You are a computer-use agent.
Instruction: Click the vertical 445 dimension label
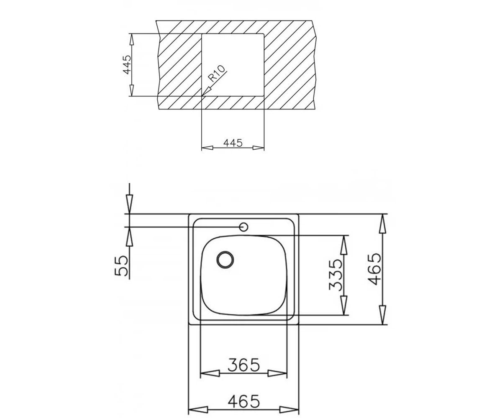point(127,65)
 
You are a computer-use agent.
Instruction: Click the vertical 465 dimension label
point(374,269)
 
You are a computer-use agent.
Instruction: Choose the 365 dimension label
point(244,365)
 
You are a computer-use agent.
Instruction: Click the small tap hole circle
point(243,227)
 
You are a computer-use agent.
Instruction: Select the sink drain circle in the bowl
point(225,260)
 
